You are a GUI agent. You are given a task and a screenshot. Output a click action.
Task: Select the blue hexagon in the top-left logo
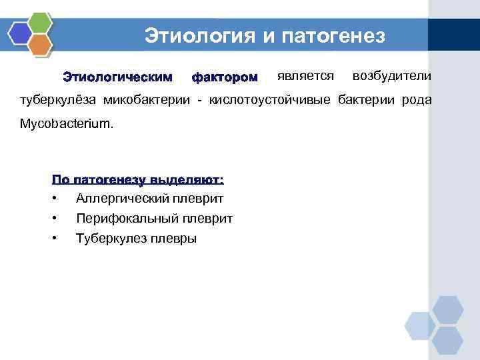click(20, 33)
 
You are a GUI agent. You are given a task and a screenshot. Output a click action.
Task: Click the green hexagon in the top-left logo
click(41, 22)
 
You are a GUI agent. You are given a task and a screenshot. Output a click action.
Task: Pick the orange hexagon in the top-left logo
click(41, 45)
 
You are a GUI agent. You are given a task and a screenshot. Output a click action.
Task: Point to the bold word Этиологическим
click(117, 78)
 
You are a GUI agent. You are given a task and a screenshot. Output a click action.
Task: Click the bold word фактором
click(224, 78)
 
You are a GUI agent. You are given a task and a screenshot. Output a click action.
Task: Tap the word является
click(305, 76)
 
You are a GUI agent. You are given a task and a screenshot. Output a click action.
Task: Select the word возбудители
click(392, 76)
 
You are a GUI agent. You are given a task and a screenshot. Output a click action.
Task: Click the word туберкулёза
click(57, 100)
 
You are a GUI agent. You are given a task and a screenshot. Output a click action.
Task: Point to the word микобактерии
click(149, 100)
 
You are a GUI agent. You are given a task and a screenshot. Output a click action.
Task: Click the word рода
click(417, 100)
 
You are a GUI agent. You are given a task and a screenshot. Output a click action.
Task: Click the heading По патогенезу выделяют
click(138, 179)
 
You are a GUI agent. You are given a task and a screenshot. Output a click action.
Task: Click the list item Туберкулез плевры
click(136, 238)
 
